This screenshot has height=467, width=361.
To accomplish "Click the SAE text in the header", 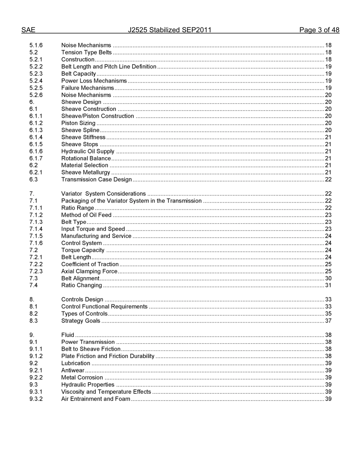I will coord(28,30).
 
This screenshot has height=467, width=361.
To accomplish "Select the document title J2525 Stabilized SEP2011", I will coord(169,30).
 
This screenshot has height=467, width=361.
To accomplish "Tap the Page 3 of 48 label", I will coord(319,30).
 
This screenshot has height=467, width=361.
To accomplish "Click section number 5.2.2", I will coord(36,66).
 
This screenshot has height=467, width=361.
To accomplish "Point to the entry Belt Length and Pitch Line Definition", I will coord(109,66).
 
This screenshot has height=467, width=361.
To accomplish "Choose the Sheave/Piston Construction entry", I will coord(98,116).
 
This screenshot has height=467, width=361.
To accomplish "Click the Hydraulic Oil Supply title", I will coord(88,151).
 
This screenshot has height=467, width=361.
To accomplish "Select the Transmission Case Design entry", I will coord(97,180).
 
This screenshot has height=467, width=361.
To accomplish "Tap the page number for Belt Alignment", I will coord(328,278).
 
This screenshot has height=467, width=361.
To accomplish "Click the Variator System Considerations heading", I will coord(103,194).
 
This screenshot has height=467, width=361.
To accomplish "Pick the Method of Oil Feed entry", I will coord(86,215).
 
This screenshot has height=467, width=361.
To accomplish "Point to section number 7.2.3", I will coord(36,271).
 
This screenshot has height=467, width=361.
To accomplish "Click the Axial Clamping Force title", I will coord(89,271).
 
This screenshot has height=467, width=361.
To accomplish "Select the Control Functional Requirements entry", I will coord(104,307).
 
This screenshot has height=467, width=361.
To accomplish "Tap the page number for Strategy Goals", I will coord(328,321).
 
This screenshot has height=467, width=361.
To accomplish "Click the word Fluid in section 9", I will coord(68,335).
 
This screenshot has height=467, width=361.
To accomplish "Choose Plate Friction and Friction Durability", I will coord(108,356).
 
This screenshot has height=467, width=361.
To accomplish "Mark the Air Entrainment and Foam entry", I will coord(96,399).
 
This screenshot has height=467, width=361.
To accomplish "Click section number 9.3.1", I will coord(36,392).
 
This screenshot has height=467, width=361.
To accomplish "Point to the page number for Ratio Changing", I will coord(328,286).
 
